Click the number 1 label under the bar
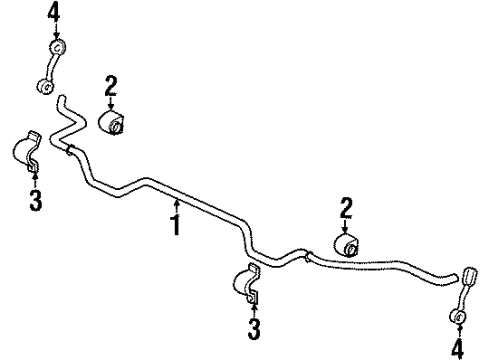pos(176,225)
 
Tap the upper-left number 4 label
pos(53,14)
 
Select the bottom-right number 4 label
pos(457,350)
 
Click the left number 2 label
pos(111,86)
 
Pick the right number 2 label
pos(346,208)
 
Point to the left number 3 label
pos(35,200)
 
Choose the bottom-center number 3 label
pos(254,329)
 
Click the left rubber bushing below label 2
pos(111,122)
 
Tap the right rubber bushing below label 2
pos(346,246)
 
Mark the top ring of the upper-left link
pos(58,47)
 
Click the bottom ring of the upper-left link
pos(45,86)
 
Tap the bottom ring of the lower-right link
pos(457,316)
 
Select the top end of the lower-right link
pos(470,276)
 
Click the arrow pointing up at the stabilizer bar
pos(177,207)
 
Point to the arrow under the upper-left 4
pos(57,32)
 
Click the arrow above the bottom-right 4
pos(460,331)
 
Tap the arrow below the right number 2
pos(345,226)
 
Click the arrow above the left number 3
pos(35,180)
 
